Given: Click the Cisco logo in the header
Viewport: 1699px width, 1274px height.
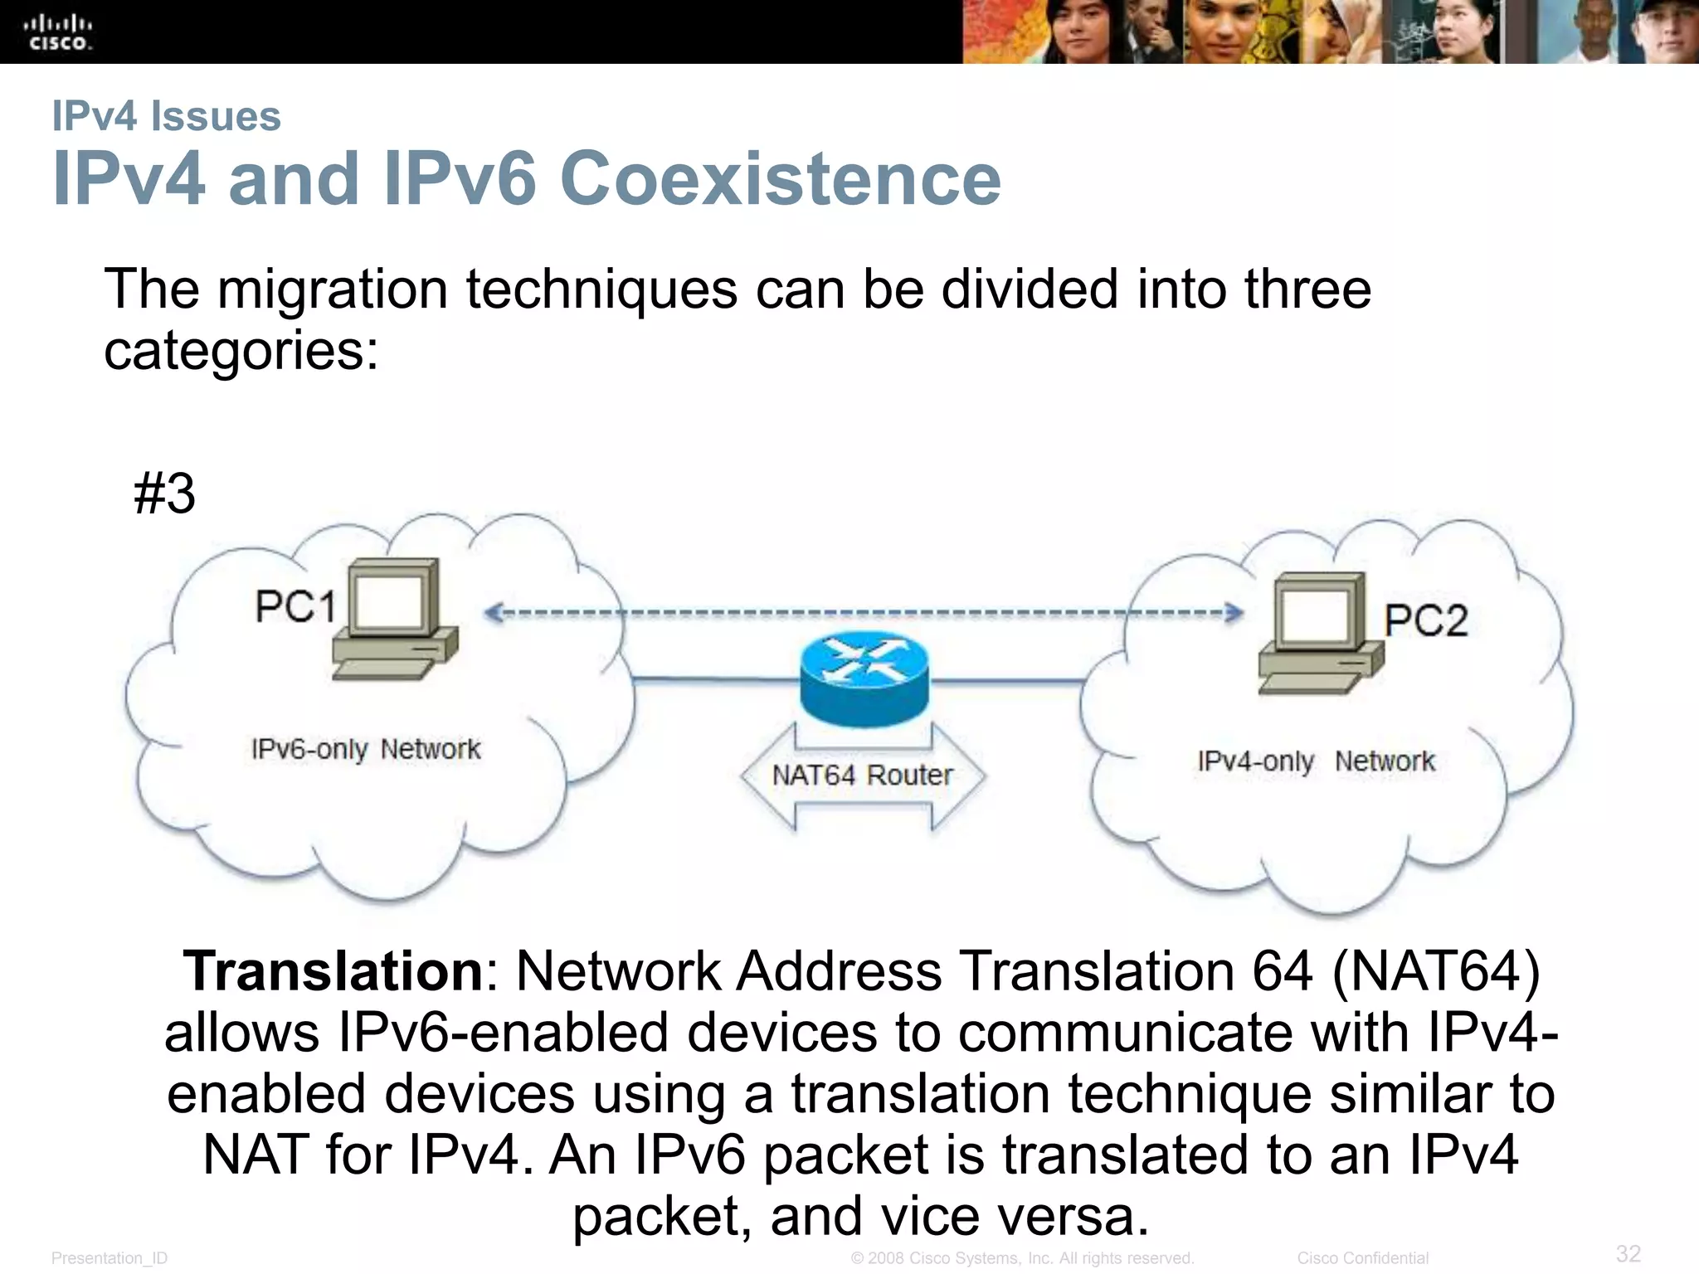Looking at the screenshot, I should [59, 32].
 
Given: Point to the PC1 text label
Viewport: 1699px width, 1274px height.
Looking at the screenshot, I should [295, 605].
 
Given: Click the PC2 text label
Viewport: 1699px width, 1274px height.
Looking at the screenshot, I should [1425, 620].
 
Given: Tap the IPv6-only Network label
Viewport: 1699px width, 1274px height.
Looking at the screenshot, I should [366, 749].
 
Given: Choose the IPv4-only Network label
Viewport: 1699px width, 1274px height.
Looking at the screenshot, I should [1316, 761].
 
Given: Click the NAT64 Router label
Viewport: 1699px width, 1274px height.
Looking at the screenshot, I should [862, 776].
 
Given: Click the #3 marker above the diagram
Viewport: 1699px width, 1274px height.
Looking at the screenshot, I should [164, 494].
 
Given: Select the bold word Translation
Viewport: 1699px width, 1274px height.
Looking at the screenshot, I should [333, 970].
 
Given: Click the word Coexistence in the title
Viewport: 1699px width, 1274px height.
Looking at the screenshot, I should [781, 178].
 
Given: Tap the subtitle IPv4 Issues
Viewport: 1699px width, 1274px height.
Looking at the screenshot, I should [167, 115].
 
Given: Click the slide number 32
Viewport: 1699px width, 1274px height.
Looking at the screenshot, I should [1628, 1252].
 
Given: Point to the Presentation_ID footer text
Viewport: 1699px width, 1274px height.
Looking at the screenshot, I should [110, 1258].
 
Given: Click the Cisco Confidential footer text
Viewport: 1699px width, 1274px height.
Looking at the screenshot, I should [1362, 1258].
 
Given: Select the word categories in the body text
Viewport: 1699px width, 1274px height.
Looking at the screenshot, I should [241, 351].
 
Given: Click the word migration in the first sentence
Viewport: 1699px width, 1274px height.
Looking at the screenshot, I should [332, 289].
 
